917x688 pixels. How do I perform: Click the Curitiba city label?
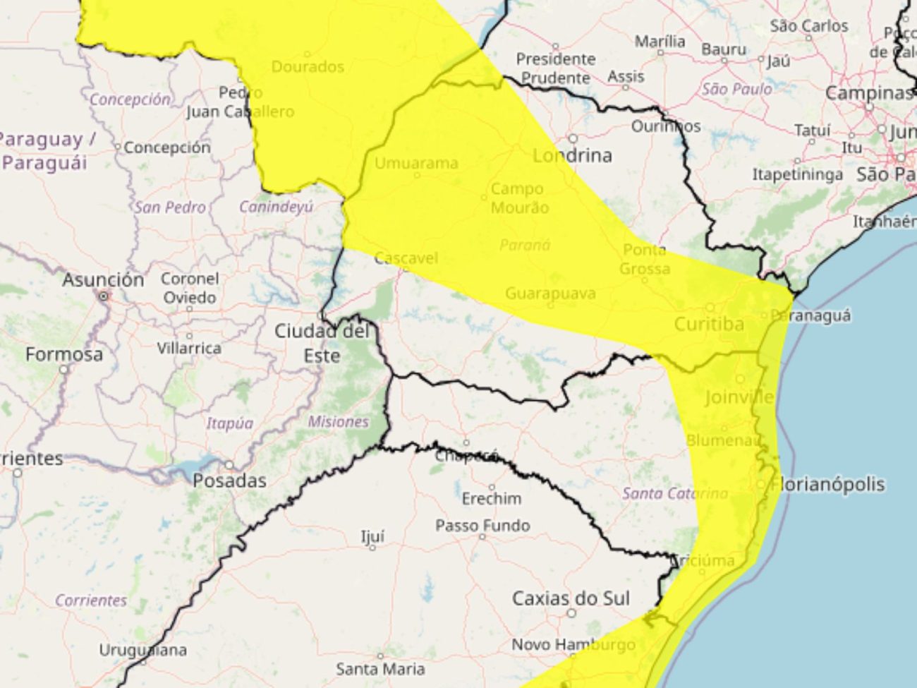[709, 324]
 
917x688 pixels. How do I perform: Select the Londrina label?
[572, 155]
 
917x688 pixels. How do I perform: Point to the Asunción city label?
[103, 279]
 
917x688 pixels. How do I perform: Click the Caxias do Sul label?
[571, 598]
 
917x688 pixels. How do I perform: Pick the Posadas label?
[229, 481]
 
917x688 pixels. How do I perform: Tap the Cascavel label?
[406, 258]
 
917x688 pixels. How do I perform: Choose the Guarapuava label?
[550, 293]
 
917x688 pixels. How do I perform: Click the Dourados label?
[308, 66]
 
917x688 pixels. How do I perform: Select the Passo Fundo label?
[482, 526]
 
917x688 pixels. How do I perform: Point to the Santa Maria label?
[380, 668]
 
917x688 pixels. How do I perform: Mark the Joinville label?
[739, 397]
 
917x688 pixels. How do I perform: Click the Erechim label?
[492, 498]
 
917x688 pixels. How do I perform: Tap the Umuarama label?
[416, 163]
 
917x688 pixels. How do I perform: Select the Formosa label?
[64, 354]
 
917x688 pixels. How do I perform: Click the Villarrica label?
[189, 348]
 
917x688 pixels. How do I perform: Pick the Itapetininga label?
[797, 174]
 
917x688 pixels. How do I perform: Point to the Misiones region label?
[338, 421]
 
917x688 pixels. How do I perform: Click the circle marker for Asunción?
[104, 296]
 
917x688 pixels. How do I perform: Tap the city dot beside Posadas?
[229, 465]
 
